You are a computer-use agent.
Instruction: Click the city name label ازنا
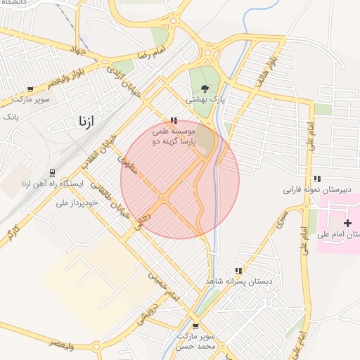[x=82, y=122]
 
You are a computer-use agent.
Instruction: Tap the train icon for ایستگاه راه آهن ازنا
[x=52, y=173]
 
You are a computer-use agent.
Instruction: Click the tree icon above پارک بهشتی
[x=205, y=89]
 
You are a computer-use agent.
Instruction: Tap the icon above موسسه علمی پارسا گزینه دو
[x=174, y=120]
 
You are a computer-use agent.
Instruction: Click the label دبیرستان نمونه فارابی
[x=311, y=190]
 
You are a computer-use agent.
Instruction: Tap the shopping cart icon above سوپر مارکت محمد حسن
[x=195, y=326]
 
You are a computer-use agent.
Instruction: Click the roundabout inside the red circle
[x=164, y=200]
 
